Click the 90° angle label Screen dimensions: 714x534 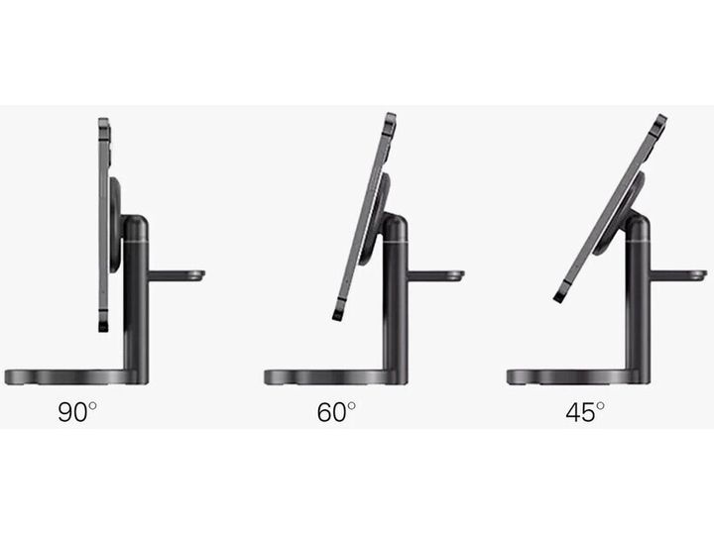(77, 412)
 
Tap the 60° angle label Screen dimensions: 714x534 (336, 412)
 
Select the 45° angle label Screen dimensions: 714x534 (585, 412)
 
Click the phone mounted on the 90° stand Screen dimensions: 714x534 (104, 225)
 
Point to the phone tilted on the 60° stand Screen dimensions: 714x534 (365, 217)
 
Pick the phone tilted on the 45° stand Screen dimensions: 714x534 (611, 208)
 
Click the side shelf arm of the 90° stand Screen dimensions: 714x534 (177, 275)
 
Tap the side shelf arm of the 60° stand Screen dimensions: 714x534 (435, 275)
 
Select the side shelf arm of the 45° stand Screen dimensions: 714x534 (678, 275)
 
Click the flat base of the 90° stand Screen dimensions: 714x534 (70, 377)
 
